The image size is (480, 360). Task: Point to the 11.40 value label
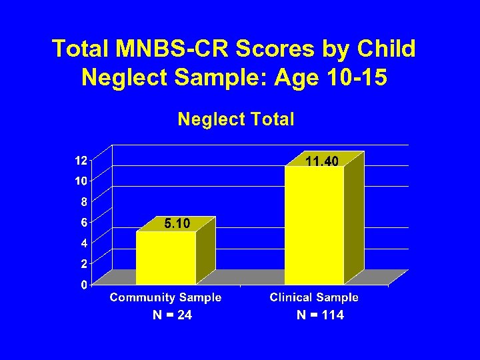[x=322, y=161]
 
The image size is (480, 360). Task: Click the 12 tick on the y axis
[x=80, y=160]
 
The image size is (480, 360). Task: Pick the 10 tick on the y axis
[x=80, y=181]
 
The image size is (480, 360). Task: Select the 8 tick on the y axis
[x=83, y=202]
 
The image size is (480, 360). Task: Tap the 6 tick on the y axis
[x=83, y=223]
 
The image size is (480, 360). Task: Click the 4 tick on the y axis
[x=83, y=243]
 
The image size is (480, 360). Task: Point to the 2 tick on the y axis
[x=83, y=264]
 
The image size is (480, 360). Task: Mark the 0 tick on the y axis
[x=83, y=285]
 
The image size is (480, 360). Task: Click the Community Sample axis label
[x=166, y=297]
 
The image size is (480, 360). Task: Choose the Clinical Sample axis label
[x=314, y=297]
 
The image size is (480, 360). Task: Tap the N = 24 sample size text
[x=172, y=315]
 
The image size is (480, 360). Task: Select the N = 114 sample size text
[x=320, y=315]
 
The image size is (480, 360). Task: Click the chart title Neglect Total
[x=235, y=119]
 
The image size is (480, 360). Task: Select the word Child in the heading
[x=388, y=49]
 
